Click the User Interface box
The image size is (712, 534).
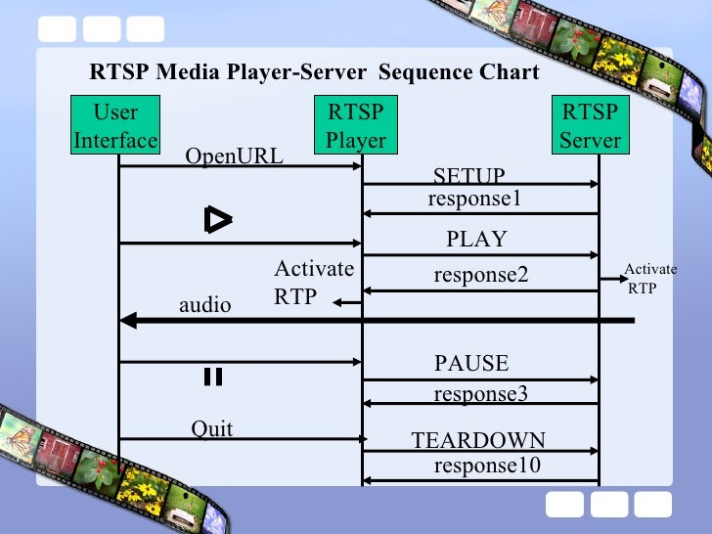(115, 126)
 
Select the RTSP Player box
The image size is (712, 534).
(356, 126)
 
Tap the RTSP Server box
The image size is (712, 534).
(590, 126)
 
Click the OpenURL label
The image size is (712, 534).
(234, 156)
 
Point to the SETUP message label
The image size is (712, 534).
(468, 176)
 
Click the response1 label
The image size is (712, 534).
(474, 199)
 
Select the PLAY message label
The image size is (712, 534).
(476, 240)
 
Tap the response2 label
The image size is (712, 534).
(480, 276)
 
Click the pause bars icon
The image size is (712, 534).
(213, 378)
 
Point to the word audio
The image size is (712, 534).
(204, 305)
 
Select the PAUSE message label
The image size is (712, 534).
(471, 364)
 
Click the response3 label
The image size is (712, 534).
(480, 394)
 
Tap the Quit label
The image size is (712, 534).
(211, 429)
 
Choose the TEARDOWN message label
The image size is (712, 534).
(478, 440)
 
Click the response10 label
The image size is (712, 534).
(486, 466)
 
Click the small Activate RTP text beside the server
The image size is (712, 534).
(649, 279)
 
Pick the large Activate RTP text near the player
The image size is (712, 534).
(313, 283)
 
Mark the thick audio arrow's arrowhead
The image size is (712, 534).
(127, 320)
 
